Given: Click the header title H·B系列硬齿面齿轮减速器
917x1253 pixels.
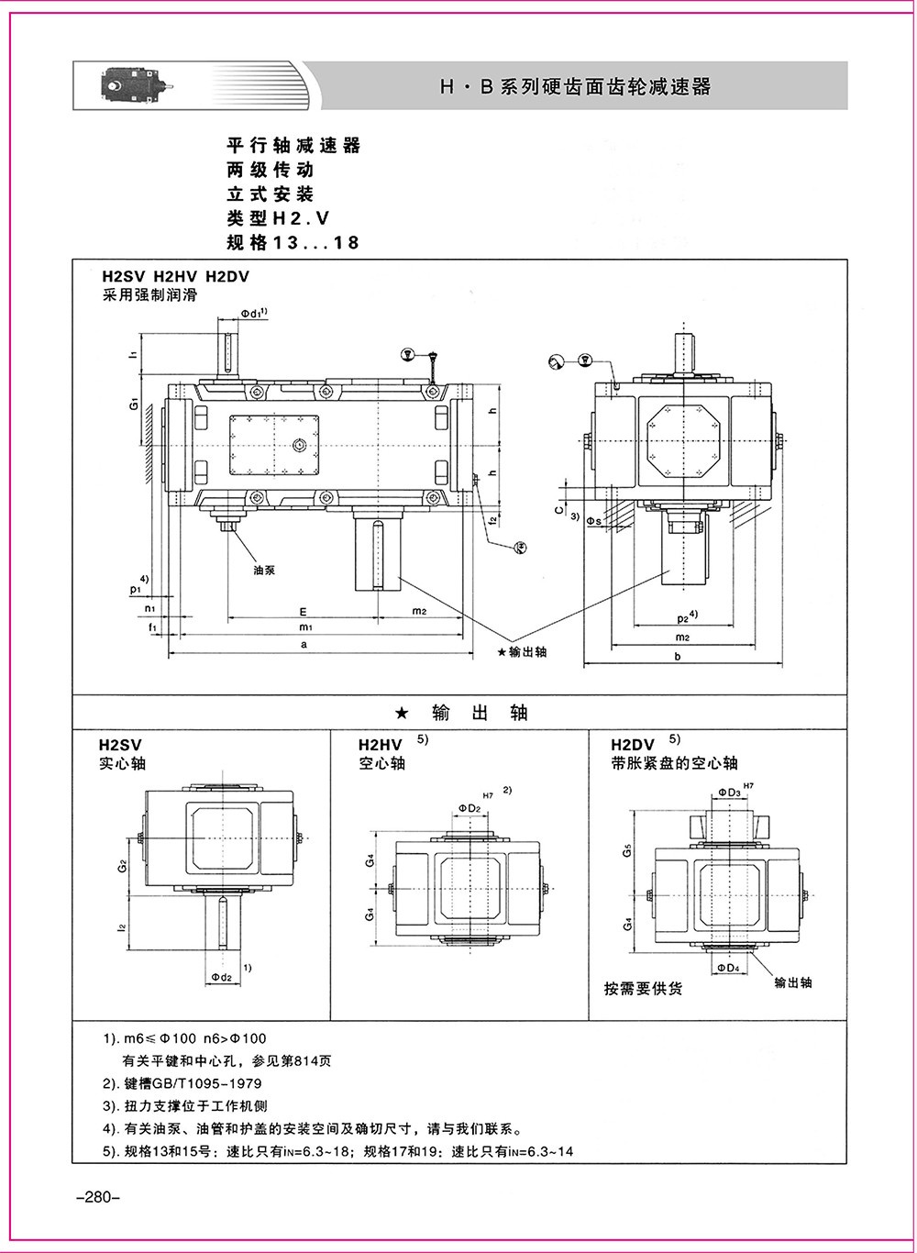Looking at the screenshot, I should (575, 87).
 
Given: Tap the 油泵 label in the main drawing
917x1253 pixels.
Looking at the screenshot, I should (263, 570).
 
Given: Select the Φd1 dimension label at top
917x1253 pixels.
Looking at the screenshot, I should (253, 314).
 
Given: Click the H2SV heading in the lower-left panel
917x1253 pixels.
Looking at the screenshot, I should (121, 745).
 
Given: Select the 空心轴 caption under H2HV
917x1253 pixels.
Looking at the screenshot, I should (381, 763).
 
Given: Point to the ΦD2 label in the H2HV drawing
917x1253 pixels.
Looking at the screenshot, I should (470, 807).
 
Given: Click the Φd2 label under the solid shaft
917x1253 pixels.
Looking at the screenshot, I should (220, 977).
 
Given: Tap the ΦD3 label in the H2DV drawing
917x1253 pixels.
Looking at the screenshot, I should (729, 792).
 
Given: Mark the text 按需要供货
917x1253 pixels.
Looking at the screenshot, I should (643, 989).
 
